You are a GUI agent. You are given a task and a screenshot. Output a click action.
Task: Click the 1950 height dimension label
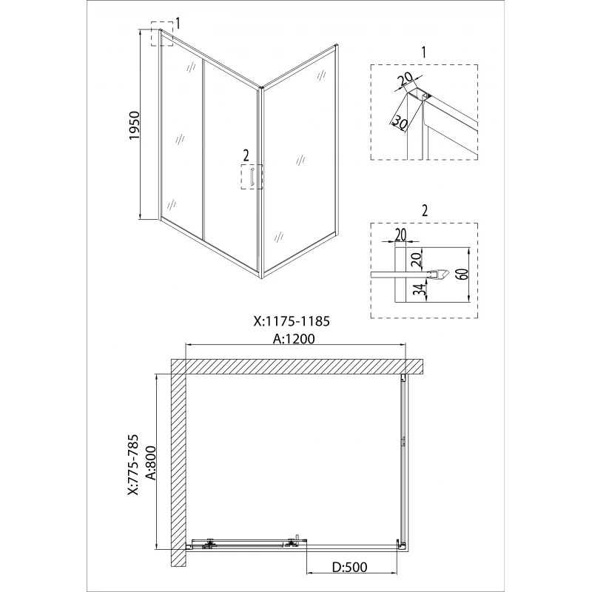coord(135,125)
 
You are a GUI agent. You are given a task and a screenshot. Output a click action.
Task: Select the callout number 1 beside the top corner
coord(178,24)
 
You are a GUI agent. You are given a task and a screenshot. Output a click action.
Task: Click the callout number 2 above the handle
coord(246,155)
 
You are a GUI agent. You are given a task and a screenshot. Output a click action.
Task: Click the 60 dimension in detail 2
coord(464,274)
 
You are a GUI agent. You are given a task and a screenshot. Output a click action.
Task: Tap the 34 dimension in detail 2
coord(422,290)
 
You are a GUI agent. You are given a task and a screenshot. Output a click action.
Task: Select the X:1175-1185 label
coord(292,321)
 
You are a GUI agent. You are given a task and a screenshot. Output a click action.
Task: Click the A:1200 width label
coord(294,338)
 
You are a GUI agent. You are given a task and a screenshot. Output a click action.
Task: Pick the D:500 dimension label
coord(349,567)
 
